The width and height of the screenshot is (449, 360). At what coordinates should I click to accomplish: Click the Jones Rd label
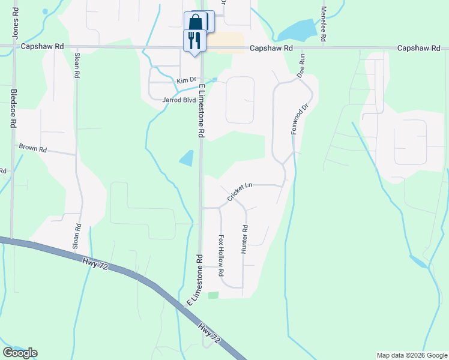(x=15, y=22)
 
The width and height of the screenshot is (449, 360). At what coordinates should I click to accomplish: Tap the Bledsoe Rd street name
(x=14, y=109)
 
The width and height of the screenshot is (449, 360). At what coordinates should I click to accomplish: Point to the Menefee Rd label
(x=324, y=24)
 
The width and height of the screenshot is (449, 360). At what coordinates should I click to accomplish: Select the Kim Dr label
(x=186, y=80)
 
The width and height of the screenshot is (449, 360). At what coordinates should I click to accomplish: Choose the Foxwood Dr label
(x=299, y=119)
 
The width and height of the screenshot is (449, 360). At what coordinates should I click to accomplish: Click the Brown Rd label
(x=32, y=147)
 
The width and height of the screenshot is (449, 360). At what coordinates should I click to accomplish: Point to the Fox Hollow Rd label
(x=221, y=255)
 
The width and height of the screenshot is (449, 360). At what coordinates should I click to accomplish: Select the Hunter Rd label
(x=244, y=239)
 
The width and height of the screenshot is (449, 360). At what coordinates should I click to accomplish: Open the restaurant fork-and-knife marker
(x=193, y=40)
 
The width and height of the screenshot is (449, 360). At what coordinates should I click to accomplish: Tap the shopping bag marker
(x=196, y=23)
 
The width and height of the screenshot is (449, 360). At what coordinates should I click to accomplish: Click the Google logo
(x=20, y=353)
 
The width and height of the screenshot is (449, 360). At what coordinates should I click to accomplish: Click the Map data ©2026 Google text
(x=411, y=355)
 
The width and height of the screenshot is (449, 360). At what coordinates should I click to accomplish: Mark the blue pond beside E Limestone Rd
(x=187, y=158)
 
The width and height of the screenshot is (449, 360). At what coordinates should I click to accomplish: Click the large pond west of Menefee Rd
(x=297, y=29)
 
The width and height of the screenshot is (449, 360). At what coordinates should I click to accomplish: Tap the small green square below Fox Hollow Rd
(x=213, y=295)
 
